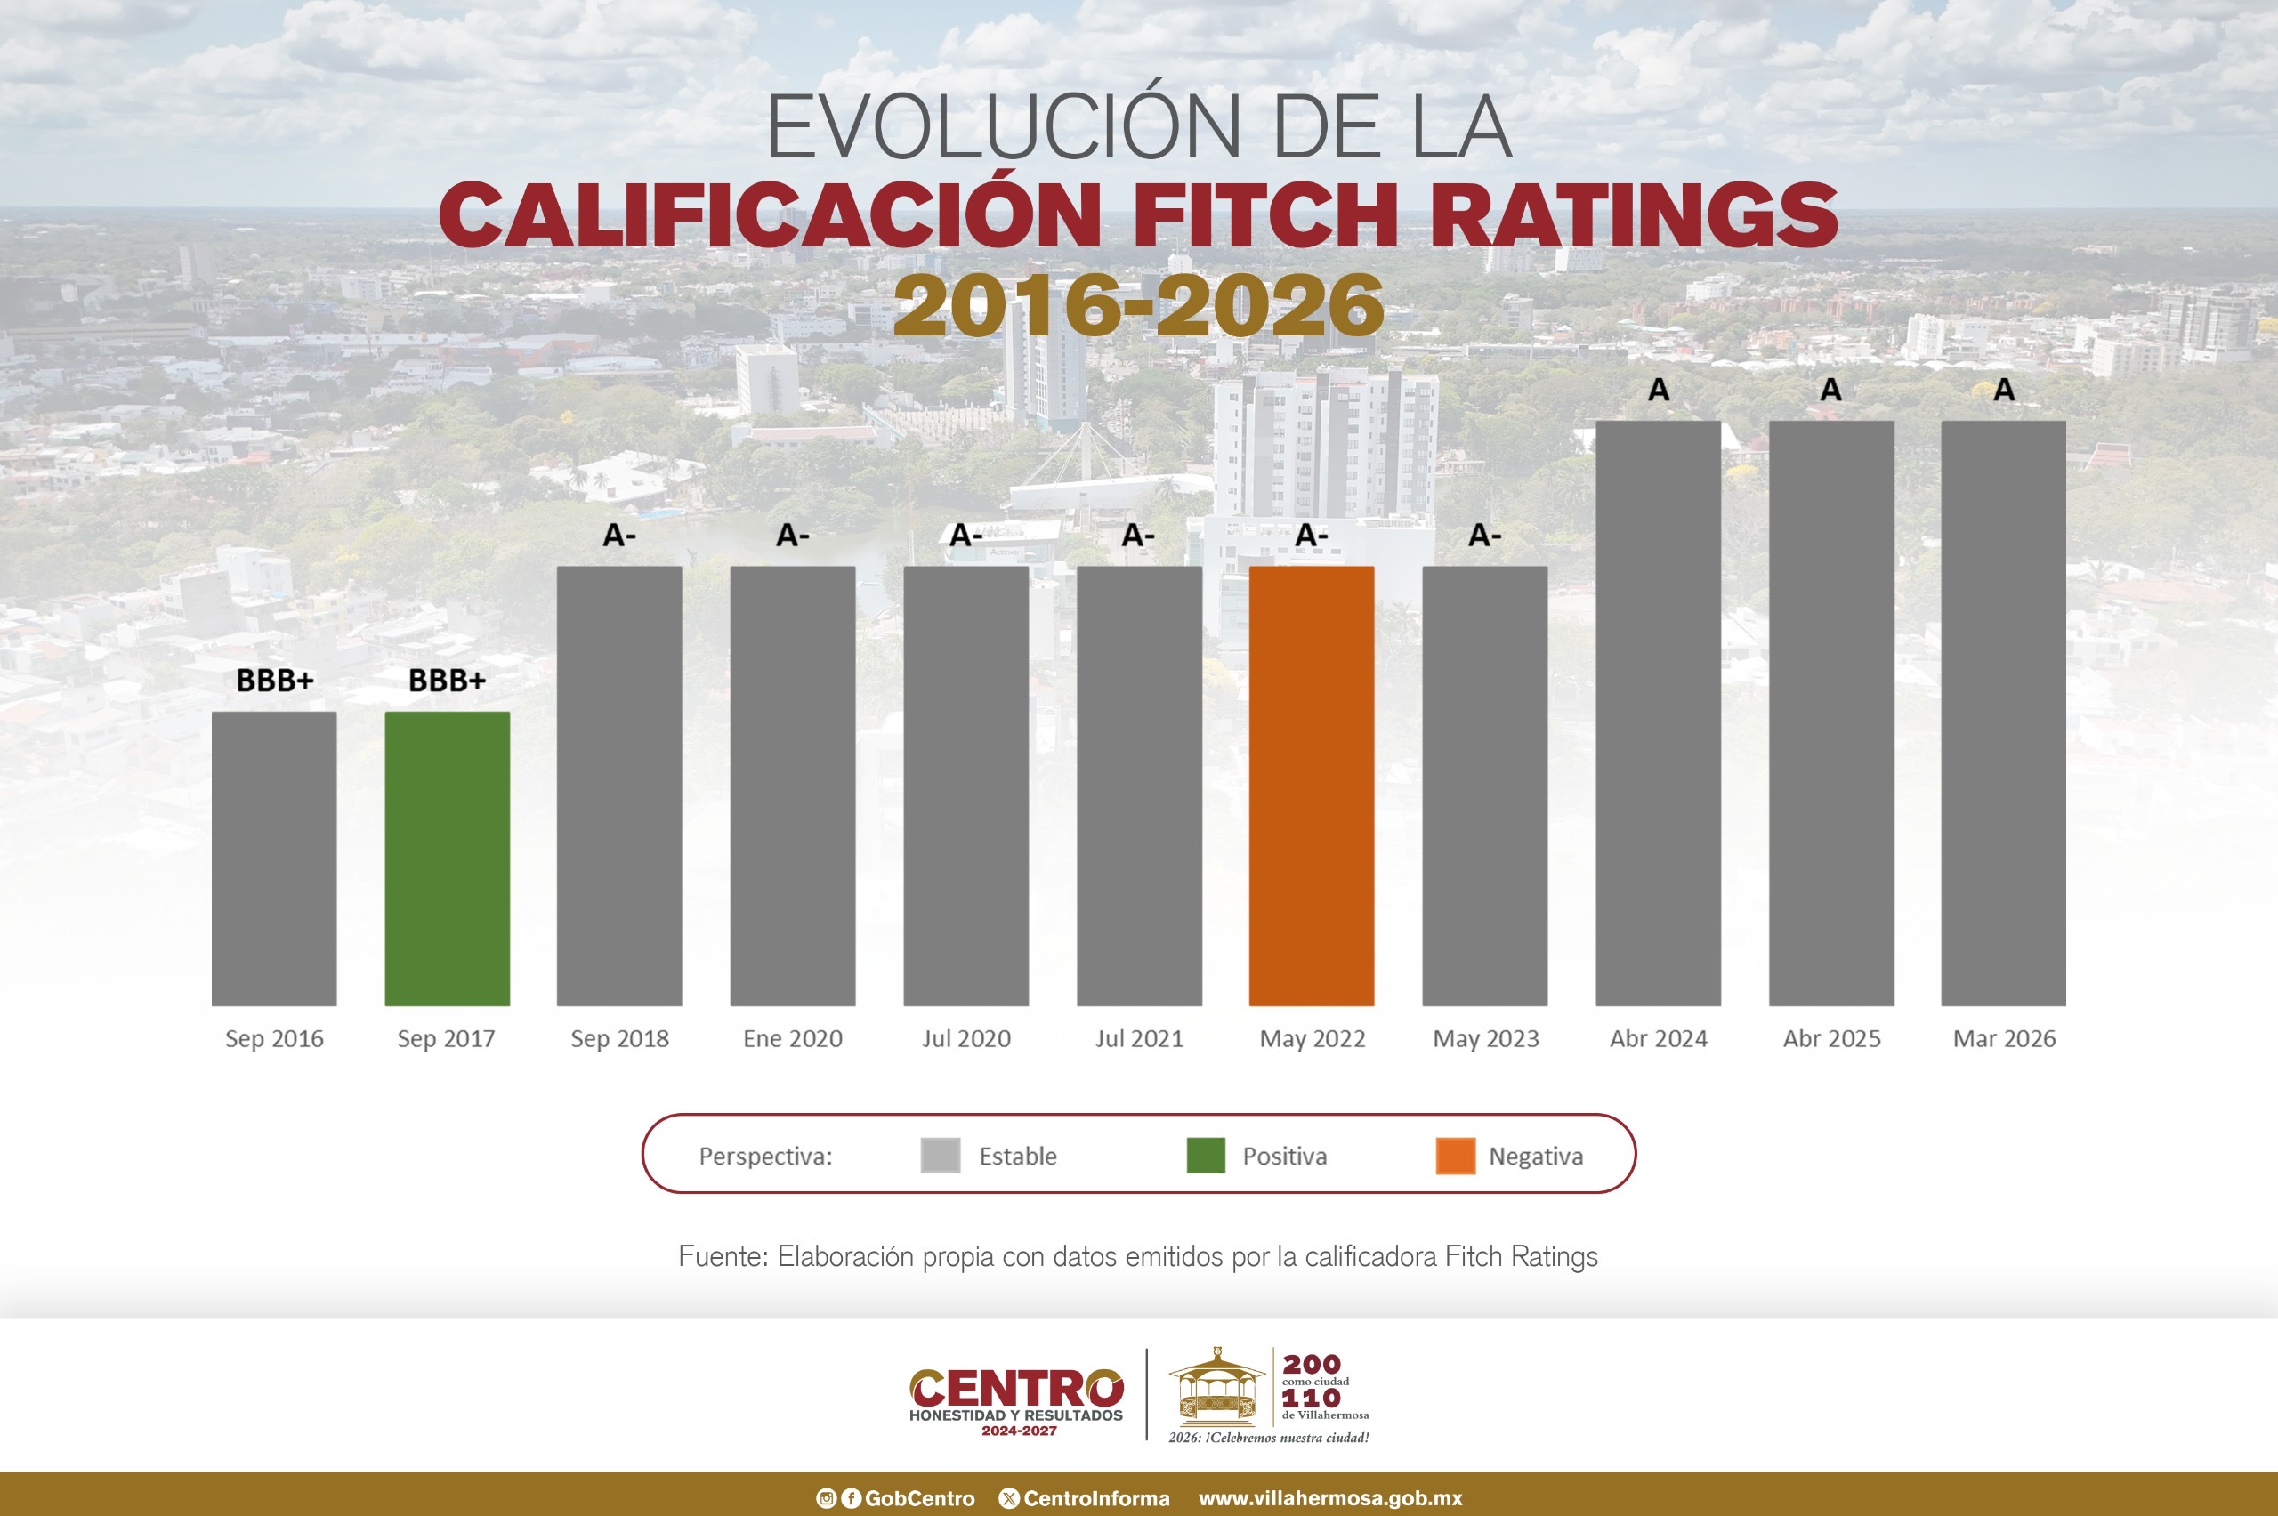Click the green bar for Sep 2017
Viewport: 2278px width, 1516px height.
pos(447,859)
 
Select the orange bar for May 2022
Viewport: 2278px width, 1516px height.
pos(1311,785)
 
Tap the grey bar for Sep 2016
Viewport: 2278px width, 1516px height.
pos(274,859)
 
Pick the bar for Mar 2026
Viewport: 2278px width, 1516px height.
pos(2003,713)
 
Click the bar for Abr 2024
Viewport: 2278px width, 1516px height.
pos(1657,713)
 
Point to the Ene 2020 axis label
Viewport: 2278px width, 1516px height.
pos(793,1038)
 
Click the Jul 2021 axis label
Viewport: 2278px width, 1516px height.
pos(1139,1038)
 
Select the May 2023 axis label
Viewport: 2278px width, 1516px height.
pos(1485,1038)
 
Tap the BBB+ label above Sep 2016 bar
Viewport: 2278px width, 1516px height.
pos(275,681)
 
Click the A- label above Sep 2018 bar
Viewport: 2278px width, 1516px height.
pos(618,535)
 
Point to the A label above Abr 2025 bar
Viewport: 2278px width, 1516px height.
pos(1830,390)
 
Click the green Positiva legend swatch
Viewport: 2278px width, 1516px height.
pos(1206,1156)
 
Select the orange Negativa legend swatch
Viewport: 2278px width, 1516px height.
pos(1455,1156)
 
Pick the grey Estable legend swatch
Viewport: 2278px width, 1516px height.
pos(940,1156)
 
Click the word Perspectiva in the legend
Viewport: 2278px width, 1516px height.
pos(764,1157)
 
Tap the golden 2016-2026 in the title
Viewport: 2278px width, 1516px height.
pos(1139,304)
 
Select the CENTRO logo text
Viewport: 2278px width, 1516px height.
pos(1016,1389)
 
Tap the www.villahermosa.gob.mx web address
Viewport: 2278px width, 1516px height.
pos(1329,1498)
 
